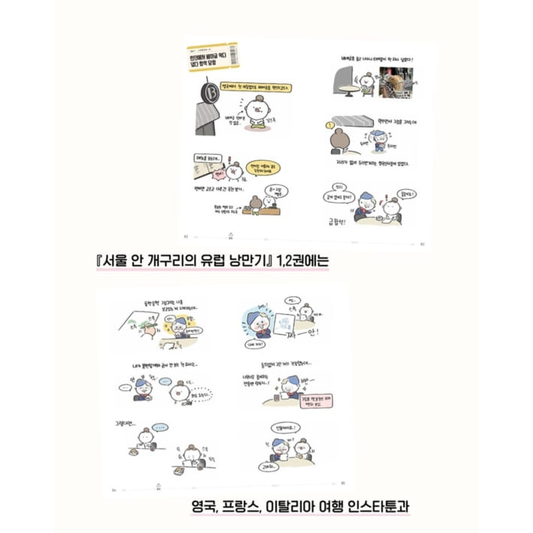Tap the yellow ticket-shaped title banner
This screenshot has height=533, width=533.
pyautogui.click(x=212, y=57)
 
